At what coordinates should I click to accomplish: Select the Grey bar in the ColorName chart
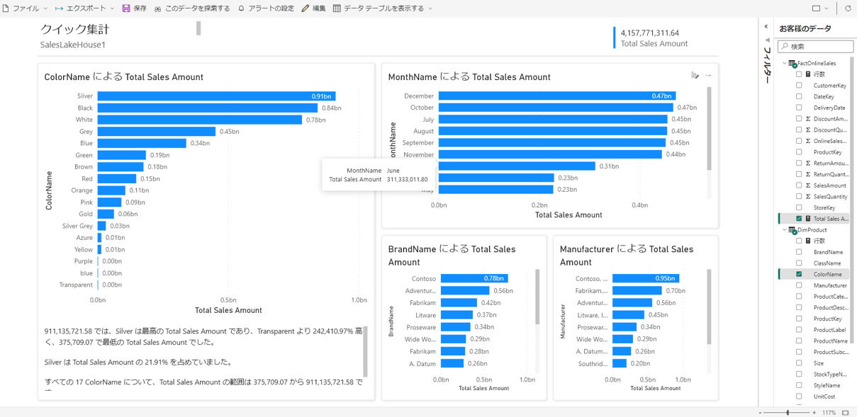(x=156, y=132)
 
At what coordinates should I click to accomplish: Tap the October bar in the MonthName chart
(x=555, y=108)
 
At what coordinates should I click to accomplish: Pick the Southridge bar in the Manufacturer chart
(x=619, y=364)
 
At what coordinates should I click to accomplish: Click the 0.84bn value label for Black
(x=331, y=108)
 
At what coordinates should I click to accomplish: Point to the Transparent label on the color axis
(x=76, y=285)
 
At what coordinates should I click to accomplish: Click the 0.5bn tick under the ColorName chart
(x=228, y=300)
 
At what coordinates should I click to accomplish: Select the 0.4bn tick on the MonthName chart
(x=640, y=205)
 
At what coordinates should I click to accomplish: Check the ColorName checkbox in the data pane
(x=799, y=274)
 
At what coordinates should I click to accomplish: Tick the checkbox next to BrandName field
(x=799, y=252)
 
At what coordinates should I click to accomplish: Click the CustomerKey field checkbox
(x=799, y=86)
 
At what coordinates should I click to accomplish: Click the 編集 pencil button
(x=313, y=8)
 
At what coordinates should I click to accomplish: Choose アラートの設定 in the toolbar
(x=266, y=8)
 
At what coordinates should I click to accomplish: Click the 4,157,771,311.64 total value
(x=649, y=33)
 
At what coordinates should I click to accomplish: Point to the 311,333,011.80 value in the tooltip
(x=407, y=180)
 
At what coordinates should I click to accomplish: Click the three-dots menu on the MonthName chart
(x=708, y=76)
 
